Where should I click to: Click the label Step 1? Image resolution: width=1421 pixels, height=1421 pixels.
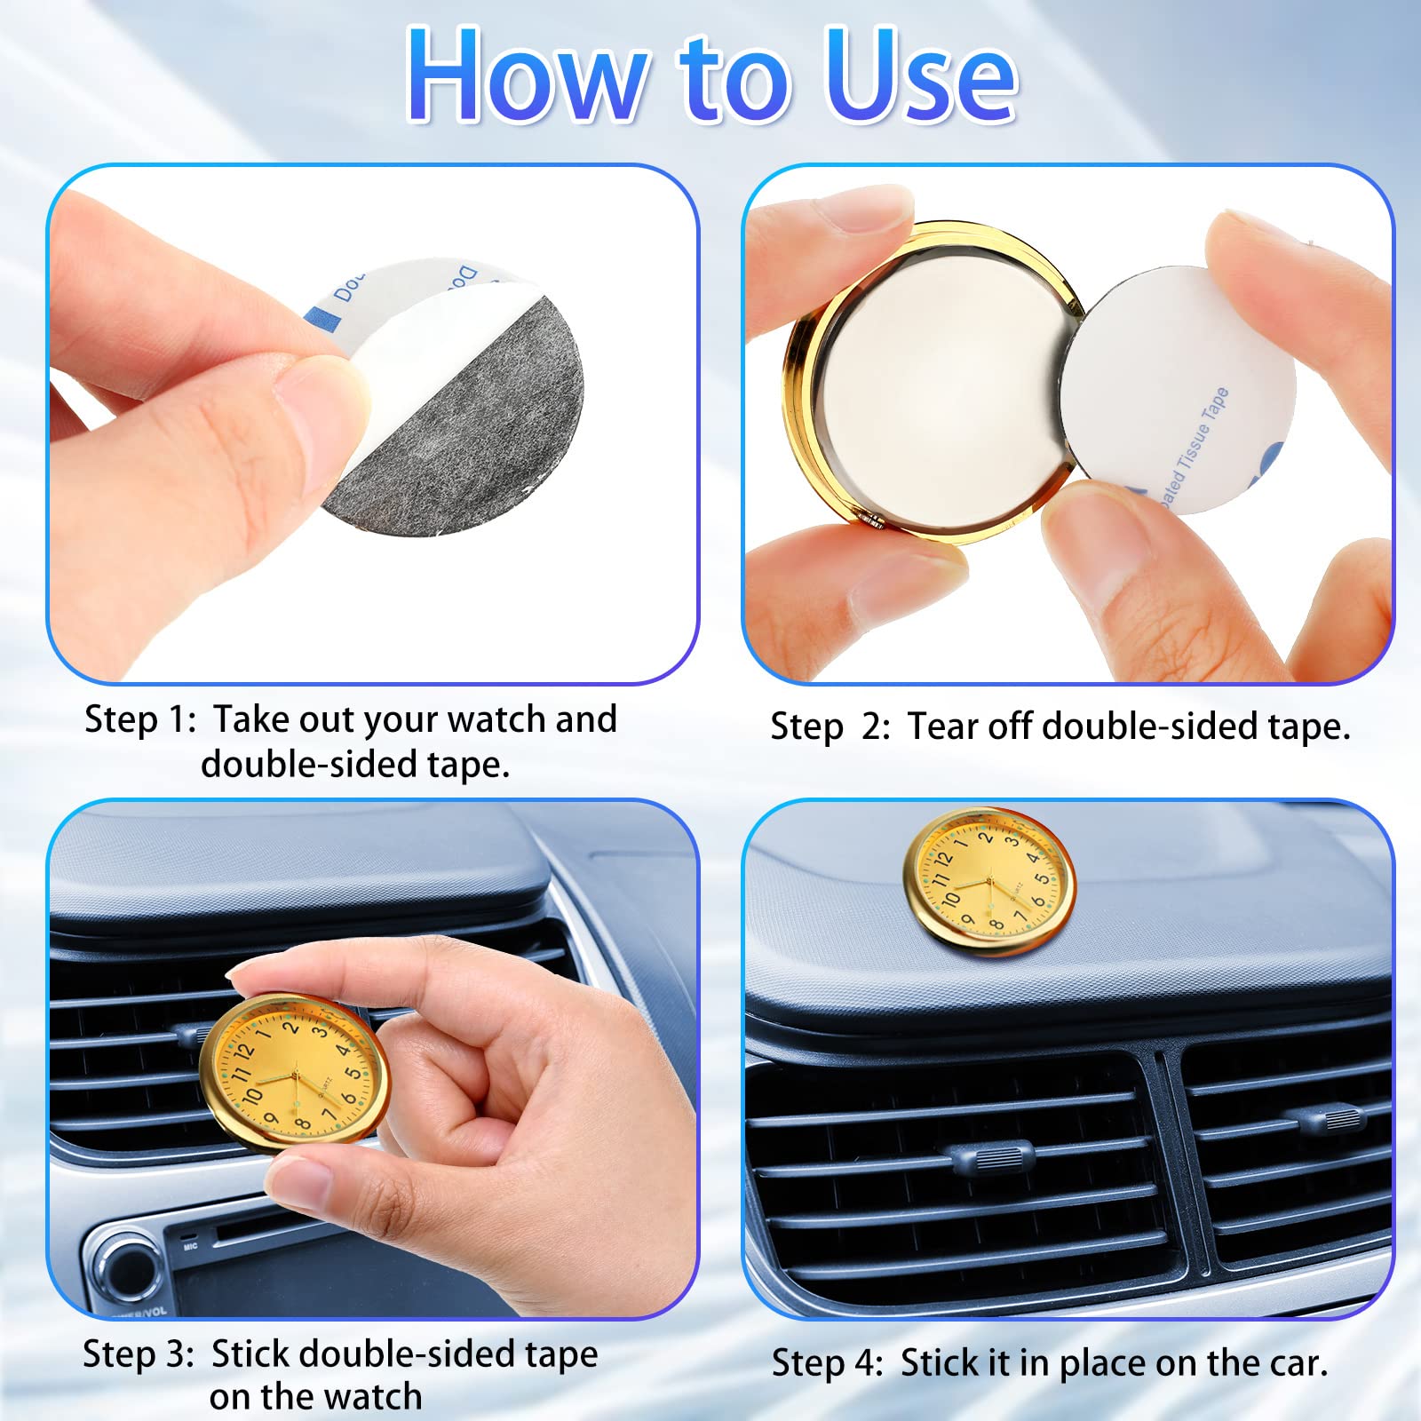[139, 719]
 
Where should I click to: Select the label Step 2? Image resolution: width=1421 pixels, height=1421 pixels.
[830, 727]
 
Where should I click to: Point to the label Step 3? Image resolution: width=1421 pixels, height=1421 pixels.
[138, 1354]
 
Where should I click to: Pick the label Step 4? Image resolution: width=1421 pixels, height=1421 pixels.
[827, 1363]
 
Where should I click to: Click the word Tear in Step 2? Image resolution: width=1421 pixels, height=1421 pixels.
[943, 726]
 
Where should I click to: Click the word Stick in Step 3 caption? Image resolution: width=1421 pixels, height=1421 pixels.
[250, 1354]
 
